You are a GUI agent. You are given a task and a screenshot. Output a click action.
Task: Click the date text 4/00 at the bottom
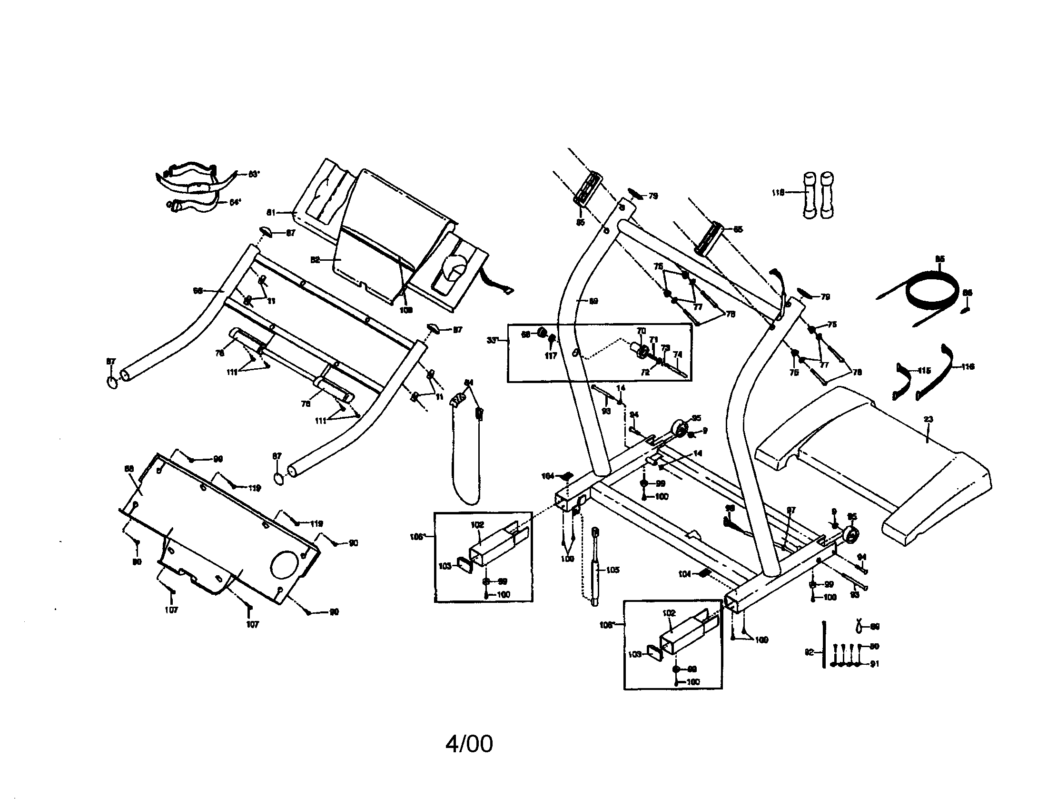[x=469, y=744]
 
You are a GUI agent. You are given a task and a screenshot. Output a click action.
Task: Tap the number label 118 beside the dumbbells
[x=778, y=193]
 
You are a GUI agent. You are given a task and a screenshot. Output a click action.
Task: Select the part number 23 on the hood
[x=928, y=419]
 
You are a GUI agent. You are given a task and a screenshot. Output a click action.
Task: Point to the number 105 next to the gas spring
[x=612, y=570]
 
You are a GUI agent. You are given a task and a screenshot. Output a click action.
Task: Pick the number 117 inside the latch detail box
[x=551, y=355]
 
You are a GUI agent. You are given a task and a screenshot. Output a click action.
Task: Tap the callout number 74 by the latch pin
[x=677, y=354]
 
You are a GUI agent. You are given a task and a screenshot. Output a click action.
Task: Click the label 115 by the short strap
[x=924, y=371]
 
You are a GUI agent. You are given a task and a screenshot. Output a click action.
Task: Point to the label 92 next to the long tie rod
[x=810, y=652]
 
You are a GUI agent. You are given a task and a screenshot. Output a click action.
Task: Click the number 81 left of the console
[x=271, y=212]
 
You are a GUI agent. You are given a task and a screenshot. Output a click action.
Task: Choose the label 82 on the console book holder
[x=315, y=260]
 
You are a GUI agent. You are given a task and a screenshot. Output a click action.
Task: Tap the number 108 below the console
[x=405, y=310]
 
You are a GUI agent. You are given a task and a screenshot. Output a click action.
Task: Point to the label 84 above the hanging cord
[x=469, y=383]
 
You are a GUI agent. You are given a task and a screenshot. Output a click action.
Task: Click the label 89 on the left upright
[x=593, y=301]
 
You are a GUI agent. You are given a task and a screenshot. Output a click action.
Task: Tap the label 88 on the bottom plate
[x=129, y=469]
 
